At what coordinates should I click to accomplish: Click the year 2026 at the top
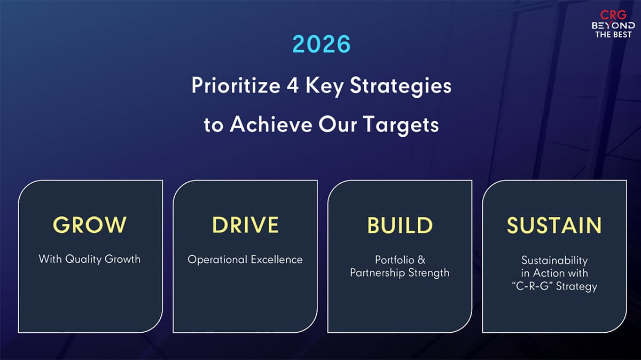pyautogui.click(x=322, y=44)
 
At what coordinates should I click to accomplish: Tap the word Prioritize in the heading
pyautogui.click(x=236, y=85)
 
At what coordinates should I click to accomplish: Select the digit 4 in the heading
pyautogui.click(x=293, y=85)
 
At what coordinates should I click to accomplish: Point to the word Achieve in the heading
pyautogui.click(x=271, y=124)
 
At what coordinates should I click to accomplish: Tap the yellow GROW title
pyautogui.click(x=90, y=225)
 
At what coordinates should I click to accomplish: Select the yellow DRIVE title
pyautogui.click(x=245, y=225)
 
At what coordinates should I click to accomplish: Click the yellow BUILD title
pyautogui.click(x=400, y=225)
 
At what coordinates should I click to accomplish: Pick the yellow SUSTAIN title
pyautogui.click(x=554, y=225)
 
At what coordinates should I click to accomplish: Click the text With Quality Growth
pyautogui.click(x=90, y=259)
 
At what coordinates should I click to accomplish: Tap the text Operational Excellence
pyautogui.click(x=245, y=260)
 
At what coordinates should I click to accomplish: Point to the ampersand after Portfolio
pyautogui.click(x=421, y=260)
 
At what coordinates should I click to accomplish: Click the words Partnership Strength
pyautogui.click(x=400, y=273)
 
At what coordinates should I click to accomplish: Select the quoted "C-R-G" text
pyautogui.click(x=532, y=286)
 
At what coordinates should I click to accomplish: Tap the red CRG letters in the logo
pyautogui.click(x=613, y=14)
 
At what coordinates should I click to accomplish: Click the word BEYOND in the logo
pyautogui.click(x=613, y=26)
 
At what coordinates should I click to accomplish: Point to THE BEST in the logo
pyautogui.click(x=613, y=35)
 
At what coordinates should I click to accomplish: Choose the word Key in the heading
pyautogui.click(x=325, y=86)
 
